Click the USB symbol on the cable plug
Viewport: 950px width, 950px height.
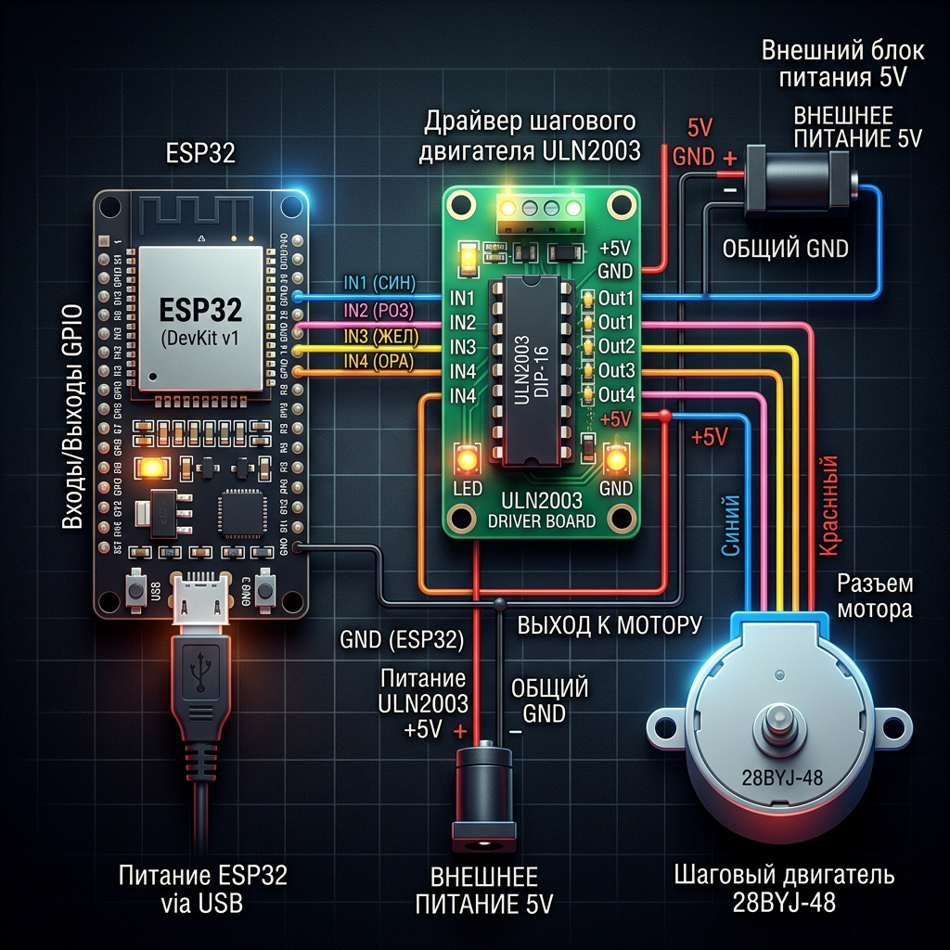click(201, 669)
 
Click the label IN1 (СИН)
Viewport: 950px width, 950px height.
click(379, 283)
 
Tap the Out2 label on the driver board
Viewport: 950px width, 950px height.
click(616, 346)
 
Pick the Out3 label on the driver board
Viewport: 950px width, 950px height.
click(616, 370)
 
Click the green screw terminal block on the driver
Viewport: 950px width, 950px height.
click(538, 212)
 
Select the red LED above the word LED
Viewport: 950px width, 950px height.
click(466, 457)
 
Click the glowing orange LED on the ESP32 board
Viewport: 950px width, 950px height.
click(148, 469)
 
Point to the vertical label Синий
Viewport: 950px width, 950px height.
click(730, 525)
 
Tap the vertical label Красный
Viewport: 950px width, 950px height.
click(829, 507)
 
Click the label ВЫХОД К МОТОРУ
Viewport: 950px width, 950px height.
click(609, 624)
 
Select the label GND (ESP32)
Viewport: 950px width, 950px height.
click(401, 639)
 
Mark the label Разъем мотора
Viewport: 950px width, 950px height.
click(875, 596)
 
